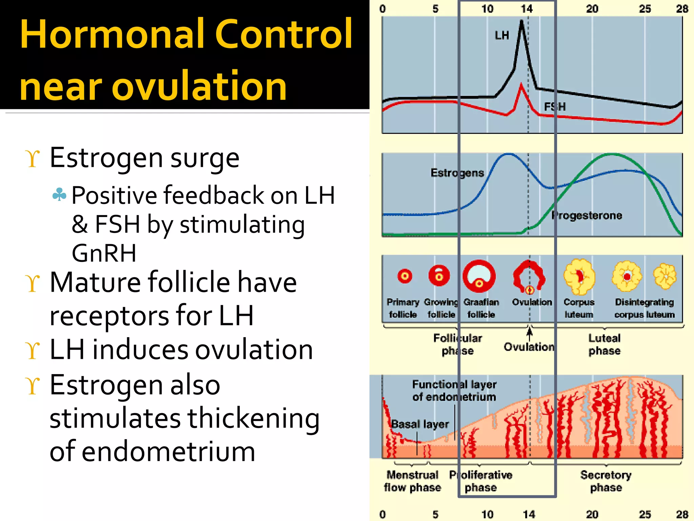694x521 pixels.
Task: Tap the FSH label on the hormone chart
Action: point(555,107)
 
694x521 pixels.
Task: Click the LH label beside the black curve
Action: point(502,35)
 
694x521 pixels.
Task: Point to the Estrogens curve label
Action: point(457,173)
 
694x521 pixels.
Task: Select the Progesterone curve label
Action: point(587,215)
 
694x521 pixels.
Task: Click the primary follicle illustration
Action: point(405,276)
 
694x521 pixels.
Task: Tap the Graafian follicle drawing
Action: point(479,276)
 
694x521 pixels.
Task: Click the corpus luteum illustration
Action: point(579,276)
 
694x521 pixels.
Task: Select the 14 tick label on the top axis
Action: point(527,9)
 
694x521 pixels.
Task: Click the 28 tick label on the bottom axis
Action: point(682,514)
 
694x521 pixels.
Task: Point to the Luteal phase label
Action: point(604,344)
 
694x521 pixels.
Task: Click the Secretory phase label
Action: point(606,481)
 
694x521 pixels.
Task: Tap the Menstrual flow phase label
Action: point(412,481)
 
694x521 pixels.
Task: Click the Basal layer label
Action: point(420,424)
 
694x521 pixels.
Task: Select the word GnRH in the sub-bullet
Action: point(104,253)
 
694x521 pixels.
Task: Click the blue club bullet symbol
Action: point(59,194)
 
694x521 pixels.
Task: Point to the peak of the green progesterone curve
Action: point(612,154)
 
